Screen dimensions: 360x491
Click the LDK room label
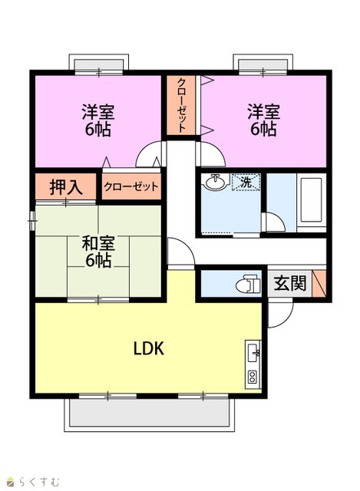click(x=149, y=348)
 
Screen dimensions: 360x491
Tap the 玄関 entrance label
click(x=290, y=284)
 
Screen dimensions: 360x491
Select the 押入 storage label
click(x=66, y=187)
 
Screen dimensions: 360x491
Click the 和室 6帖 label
click(x=98, y=252)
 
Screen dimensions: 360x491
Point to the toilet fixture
click(x=248, y=284)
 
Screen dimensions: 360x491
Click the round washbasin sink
click(x=215, y=181)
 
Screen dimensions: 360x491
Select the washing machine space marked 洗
click(x=246, y=182)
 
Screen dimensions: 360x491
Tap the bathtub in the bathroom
click(x=311, y=199)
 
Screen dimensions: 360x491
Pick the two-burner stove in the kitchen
click(x=253, y=377)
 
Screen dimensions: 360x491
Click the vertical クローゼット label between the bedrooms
click(x=181, y=105)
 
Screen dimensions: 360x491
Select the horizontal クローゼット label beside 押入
click(x=131, y=187)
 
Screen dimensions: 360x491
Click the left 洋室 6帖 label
click(x=98, y=120)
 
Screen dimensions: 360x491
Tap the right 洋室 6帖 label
click(x=263, y=120)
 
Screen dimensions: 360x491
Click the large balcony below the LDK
click(x=149, y=413)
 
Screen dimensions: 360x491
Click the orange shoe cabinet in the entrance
click(x=319, y=283)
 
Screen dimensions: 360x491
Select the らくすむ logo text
click(x=38, y=481)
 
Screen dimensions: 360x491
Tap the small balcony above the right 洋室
click(x=263, y=64)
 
